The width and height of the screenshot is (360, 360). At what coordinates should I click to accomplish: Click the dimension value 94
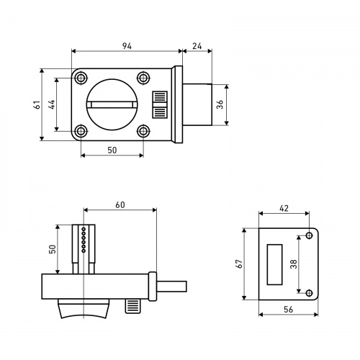click(x=127, y=46)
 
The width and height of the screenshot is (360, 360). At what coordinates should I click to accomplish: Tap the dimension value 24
click(x=197, y=46)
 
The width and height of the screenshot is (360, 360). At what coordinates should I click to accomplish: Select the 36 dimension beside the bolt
click(x=220, y=104)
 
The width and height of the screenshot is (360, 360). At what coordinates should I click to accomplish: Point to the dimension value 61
click(x=37, y=104)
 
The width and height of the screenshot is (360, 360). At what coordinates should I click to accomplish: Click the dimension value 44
click(x=52, y=104)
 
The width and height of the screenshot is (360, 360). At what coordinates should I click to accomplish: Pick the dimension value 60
click(x=120, y=204)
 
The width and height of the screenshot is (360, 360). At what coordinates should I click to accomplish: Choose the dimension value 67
click(x=239, y=264)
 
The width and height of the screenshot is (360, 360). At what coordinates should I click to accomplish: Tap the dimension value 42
click(x=284, y=208)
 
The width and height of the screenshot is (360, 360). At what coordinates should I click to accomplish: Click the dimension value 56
click(x=288, y=310)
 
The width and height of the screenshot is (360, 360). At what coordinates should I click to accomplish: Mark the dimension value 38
click(x=294, y=264)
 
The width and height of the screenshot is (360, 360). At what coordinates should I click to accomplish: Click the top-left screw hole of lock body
click(x=81, y=78)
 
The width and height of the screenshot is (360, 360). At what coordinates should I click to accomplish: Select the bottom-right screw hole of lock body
click(x=143, y=131)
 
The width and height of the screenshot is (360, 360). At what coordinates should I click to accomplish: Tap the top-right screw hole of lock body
click(x=143, y=78)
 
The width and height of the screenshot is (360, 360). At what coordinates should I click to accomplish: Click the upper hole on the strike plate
click(x=310, y=235)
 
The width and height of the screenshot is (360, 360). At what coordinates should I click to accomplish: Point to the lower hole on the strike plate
click(x=310, y=293)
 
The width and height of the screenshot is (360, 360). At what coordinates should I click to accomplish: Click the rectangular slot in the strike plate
click(x=274, y=264)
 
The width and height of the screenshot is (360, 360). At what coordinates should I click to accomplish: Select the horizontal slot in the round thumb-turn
click(x=112, y=104)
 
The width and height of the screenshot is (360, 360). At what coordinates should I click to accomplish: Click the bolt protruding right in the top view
click(x=197, y=104)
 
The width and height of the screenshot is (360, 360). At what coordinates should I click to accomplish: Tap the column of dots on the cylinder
click(x=84, y=240)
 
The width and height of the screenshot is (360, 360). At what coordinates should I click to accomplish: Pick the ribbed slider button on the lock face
click(x=160, y=104)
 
